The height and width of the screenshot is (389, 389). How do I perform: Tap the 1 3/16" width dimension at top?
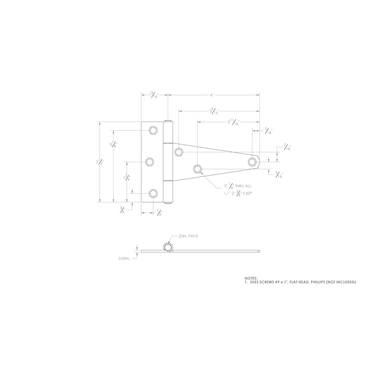154,96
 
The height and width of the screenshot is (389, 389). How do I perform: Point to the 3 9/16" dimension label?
214,111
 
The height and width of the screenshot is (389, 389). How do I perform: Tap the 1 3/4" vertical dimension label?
127,177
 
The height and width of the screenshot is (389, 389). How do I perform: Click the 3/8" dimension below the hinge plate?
122,210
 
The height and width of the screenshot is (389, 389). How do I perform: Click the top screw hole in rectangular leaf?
153,130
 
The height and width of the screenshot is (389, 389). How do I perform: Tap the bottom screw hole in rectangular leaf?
153,194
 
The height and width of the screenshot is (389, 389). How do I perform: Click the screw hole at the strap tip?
252,161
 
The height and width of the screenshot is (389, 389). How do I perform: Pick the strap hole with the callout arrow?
197,169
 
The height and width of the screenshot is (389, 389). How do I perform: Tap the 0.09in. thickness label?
125,259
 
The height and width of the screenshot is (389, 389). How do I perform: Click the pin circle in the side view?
168,248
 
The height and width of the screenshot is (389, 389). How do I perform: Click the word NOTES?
251,278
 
